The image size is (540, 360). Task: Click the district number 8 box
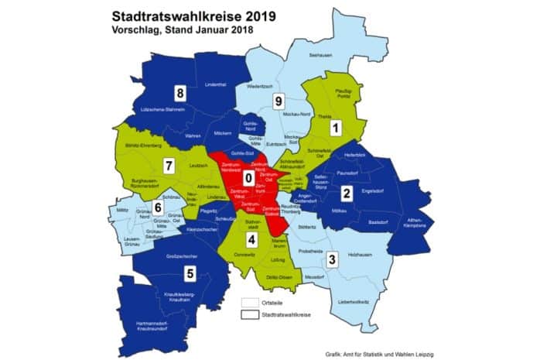(180, 94)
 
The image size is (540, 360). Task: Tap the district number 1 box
(335, 126)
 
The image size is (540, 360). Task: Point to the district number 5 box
(188, 273)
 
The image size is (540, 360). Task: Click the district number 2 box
(347, 193)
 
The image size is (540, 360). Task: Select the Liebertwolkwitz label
(352, 300)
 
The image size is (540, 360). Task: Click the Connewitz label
(244, 258)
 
